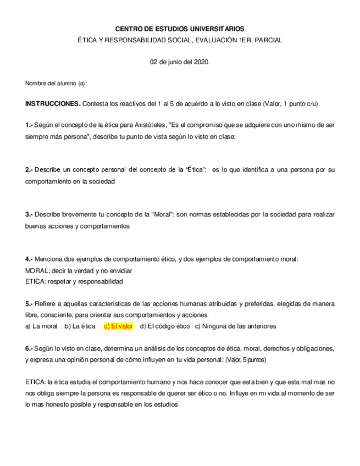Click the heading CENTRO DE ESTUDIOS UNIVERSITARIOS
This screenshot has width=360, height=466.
tap(180, 29)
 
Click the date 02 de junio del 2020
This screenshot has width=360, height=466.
tap(180, 62)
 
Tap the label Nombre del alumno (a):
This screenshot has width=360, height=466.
tap(56, 83)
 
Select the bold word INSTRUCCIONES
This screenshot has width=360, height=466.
tap(53, 104)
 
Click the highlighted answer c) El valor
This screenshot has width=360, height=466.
tap(118, 326)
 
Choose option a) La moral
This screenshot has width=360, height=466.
tap(41, 326)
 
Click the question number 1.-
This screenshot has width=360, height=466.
tap(30, 125)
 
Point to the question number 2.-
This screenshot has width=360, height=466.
tap(30, 170)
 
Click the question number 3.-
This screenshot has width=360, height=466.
tap(30, 214)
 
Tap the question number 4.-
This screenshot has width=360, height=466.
tap(30, 259)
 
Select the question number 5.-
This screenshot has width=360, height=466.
tap(30, 303)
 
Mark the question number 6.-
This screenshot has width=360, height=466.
tap(30, 348)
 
